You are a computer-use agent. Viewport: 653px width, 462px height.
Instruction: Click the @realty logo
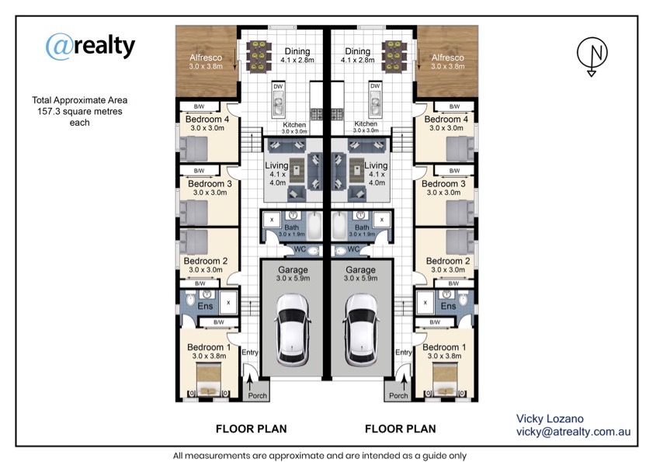pos(90,46)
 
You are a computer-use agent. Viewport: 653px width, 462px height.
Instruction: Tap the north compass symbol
pos(592,55)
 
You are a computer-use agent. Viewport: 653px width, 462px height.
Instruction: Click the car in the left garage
pos(293,328)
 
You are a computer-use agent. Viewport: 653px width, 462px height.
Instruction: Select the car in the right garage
pos(361,328)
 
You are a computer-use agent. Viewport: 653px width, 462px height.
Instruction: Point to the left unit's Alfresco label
pos(206,57)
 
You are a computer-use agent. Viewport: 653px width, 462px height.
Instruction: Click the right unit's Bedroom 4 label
pos(446,119)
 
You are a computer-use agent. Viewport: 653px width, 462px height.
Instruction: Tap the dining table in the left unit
pos(259,56)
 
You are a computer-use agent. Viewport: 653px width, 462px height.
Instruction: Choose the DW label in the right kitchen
pos(375,86)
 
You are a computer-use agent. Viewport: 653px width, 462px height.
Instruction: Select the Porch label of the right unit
pos(398,395)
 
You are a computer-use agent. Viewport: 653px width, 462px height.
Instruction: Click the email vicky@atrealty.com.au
pos(574,432)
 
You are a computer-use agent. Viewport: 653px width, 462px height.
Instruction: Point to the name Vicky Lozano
pos(550,419)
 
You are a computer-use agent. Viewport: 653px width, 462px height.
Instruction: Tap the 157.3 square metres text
pos(79,111)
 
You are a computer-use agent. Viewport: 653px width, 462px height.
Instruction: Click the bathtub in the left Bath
pos(314,225)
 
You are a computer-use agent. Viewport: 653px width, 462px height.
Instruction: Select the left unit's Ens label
pos(205,306)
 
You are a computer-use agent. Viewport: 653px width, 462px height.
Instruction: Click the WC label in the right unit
pos(353,249)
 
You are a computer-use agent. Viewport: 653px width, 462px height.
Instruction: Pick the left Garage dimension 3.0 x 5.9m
pos(293,278)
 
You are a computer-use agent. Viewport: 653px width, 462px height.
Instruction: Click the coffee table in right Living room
pos(356,170)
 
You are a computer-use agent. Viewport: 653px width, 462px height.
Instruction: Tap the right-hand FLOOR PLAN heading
pos(400,429)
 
